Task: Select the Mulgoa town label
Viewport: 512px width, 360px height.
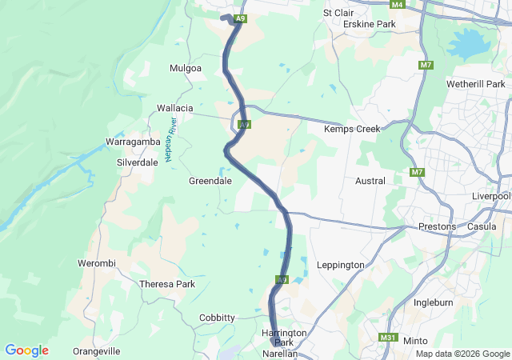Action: point(186,69)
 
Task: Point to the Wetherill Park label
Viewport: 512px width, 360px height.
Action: point(477,84)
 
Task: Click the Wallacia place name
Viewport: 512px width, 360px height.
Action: point(175,108)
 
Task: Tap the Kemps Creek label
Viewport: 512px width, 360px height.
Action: point(350,129)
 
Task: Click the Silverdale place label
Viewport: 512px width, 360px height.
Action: point(138,162)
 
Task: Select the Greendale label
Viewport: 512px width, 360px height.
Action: point(210,181)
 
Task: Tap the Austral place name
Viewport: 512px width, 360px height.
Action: point(370,181)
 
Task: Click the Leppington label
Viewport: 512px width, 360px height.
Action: point(341,265)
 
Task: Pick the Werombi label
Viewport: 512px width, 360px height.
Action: point(97,263)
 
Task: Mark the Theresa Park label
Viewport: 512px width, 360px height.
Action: point(167,284)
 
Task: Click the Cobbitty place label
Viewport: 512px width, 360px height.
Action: point(218,318)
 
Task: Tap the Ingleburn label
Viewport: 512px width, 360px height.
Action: point(434,302)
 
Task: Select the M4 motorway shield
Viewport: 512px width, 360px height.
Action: point(398,5)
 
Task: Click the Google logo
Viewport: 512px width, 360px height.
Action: point(26,350)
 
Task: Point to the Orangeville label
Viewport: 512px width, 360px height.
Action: point(96,351)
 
